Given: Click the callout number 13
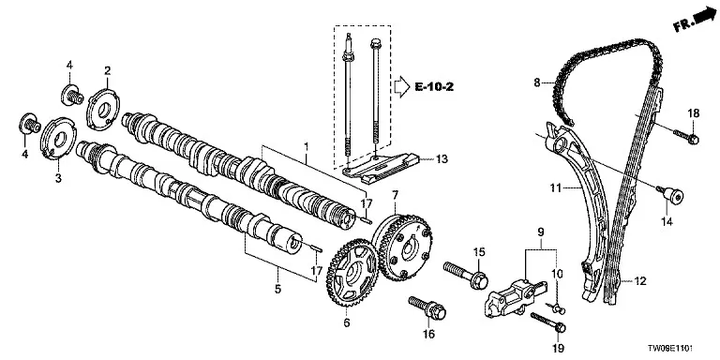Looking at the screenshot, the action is [442, 159].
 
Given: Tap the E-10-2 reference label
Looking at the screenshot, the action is [434, 86].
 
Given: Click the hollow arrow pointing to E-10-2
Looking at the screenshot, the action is [402, 87].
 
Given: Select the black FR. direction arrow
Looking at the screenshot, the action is [702, 18].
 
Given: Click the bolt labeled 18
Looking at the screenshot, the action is [686, 136].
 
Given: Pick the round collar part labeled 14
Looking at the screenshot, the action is [670, 196].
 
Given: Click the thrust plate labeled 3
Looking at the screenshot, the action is [57, 139].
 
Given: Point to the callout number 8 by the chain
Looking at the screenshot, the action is [537, 82].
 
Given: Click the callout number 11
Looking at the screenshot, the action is [556, 187].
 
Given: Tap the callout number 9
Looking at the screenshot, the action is [540, 231].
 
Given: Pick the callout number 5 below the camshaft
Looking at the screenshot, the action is [277, 289].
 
